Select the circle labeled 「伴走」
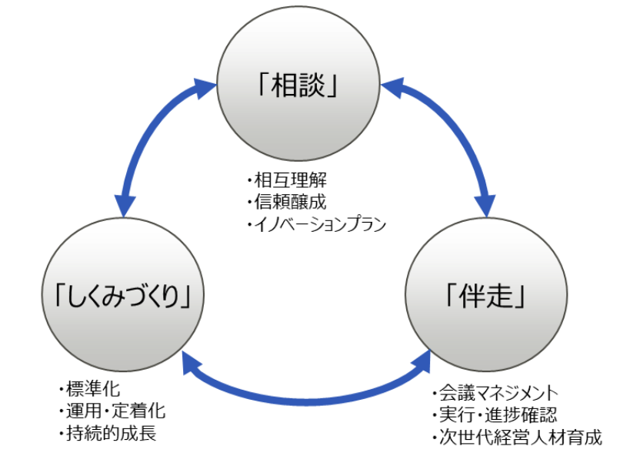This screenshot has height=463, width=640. coord(486,297)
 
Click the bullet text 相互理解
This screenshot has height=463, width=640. coord(290,182)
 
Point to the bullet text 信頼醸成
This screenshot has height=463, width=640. coord(290,203)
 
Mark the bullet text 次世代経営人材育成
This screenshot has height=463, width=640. coord(517,438)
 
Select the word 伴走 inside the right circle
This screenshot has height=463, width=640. coord(486,297)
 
